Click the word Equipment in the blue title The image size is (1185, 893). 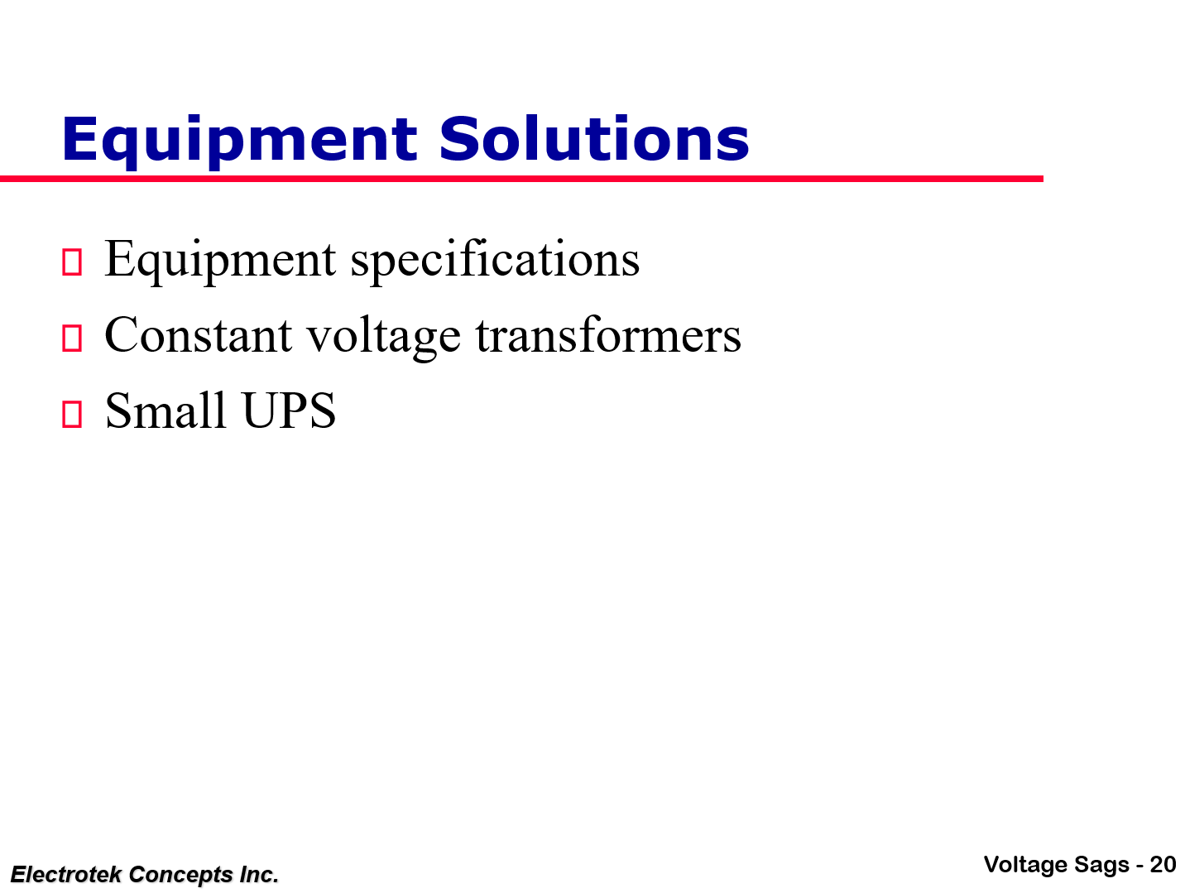coord(240,141)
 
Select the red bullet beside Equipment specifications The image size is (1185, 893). coord(72,262)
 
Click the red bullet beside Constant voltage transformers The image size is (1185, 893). coord(72,338)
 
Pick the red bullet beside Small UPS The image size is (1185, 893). coord(72,414)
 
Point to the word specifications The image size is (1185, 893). coord(495,261)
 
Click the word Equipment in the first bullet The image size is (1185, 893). coord(220,261)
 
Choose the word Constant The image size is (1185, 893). coord(199,335)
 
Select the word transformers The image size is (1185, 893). coord(608,335)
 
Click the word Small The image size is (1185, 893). coord(166,410)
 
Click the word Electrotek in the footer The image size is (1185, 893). coord(66,875)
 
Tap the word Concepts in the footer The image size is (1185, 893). coord(181,875)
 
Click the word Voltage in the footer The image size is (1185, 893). coord(1026,865)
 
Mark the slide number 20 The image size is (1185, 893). coord(1163,865)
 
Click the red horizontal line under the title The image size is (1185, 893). coord(521,179)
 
